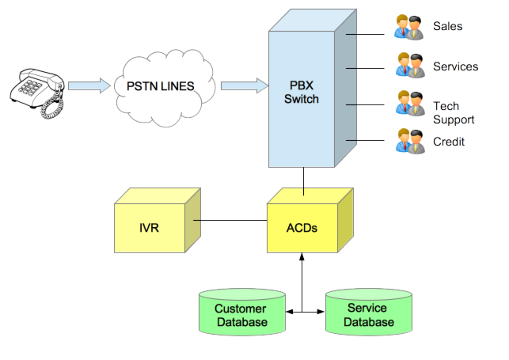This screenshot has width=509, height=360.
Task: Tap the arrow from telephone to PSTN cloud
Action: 88,84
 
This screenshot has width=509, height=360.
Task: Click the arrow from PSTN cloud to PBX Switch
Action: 241,84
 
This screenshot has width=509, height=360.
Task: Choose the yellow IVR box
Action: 150,227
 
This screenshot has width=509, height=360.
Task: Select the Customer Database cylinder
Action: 241,314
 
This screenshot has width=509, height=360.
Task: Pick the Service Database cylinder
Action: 369,314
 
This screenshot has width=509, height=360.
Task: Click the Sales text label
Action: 448,26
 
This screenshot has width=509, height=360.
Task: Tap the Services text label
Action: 456,66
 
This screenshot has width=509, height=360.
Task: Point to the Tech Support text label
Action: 454,112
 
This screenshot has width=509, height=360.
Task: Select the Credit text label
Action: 449,142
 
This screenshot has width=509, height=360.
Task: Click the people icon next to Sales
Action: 411,26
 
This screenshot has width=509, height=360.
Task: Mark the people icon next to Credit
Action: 411,142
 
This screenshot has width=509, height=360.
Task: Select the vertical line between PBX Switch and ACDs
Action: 303,181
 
